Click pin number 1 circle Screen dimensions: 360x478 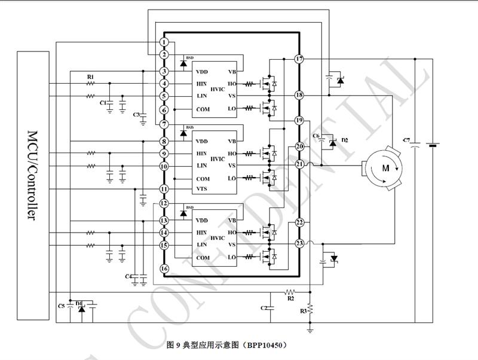point(164,42)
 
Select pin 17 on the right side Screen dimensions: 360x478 point(299,59)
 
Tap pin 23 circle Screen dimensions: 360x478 point(299,243)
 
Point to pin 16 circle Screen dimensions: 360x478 point(164,269)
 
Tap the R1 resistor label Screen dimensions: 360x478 point(90,77)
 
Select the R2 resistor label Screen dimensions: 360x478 point(291,297)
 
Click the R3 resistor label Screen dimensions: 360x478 point(303,311)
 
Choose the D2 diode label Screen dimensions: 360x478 point(345,140)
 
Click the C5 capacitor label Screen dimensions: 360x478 point(61,306)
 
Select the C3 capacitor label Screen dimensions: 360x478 point(136,114)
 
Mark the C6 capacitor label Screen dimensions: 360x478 point(318,137)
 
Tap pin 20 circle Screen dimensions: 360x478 point(299,147)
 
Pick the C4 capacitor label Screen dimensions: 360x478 point(128,276)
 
